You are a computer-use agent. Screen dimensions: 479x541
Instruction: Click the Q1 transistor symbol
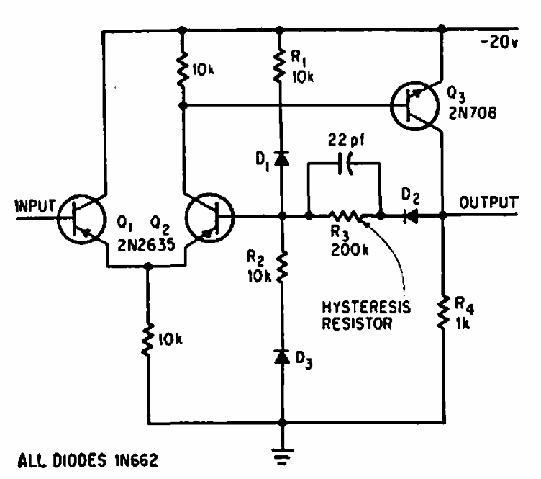80,215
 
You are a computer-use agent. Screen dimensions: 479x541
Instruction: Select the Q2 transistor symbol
209,215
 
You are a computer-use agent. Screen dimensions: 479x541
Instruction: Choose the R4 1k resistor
442,313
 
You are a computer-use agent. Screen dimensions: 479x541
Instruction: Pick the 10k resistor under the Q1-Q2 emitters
148,339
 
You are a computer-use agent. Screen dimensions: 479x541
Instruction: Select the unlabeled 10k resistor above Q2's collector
183,70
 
